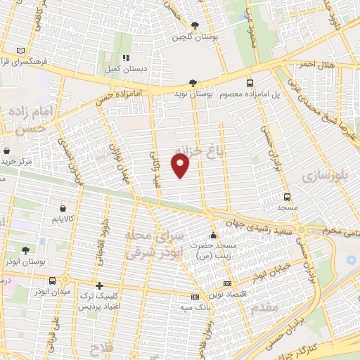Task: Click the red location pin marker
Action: pos(181,166)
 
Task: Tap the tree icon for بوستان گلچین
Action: pos(195,25)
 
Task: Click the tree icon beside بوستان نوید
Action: pos(193,82)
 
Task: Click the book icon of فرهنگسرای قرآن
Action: pos(20,51)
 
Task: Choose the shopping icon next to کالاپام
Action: pos(64,208)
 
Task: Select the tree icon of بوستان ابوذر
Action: pos(26,250)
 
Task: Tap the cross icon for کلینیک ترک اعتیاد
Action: pos(99,286)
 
